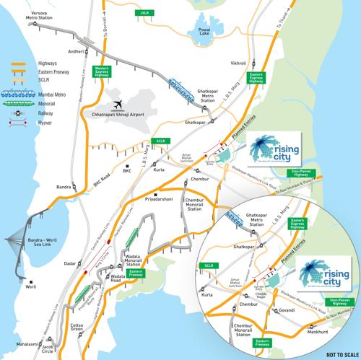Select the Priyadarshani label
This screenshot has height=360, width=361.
pos(160,194)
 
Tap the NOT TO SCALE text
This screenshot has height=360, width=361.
pos(342,354)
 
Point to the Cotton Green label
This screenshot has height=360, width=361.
pos(77,326)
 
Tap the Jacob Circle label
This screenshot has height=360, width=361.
pos(48,349)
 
